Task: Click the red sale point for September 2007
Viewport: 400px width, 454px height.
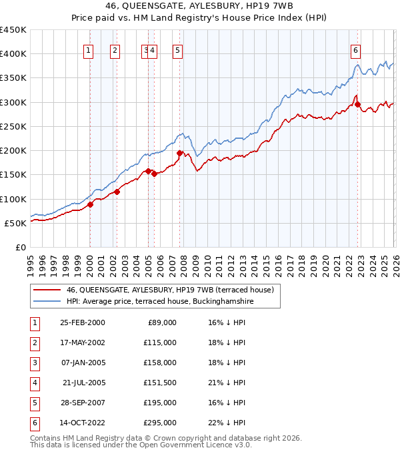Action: (x=179, y=153)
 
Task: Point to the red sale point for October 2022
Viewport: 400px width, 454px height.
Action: (x=358, y=105)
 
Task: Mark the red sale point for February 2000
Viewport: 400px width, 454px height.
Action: (x=90, y=204)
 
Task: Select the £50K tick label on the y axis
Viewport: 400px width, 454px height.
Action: (x=15, y=223)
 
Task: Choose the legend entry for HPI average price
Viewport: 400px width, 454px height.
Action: (x=160, y=302)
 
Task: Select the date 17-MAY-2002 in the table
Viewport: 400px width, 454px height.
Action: (x=82, y=343)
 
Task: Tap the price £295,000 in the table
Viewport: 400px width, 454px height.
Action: (x=160, y=423)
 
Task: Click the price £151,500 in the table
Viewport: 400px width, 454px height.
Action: (x=160, y=383)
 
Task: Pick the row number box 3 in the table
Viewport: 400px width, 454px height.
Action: (x=35, y=363)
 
